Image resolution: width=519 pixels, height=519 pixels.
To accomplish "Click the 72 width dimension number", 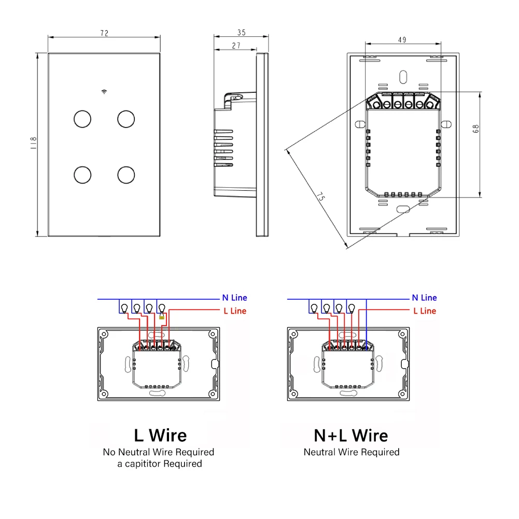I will [x=104, y=33].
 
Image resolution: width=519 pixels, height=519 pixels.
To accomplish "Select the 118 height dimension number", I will [x=33, y=143].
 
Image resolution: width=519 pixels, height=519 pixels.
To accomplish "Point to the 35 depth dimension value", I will [x=242, y=33].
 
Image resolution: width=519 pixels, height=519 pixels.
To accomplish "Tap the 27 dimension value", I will [x=236, y=46].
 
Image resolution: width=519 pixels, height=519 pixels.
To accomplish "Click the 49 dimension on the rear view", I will [x=402, y=39].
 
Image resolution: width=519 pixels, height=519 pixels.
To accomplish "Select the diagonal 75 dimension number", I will [x=320, y=197].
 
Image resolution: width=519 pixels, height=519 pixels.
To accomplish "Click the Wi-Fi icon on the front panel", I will [x=104, y=92].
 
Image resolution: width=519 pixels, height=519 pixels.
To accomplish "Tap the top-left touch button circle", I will [x=82, y=119].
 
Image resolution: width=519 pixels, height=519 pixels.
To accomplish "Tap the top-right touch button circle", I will [x=125, y=119].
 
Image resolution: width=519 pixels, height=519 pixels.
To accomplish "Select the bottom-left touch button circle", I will [x=82, y=175].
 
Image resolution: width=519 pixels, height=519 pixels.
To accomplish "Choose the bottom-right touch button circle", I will [x=125, y=175].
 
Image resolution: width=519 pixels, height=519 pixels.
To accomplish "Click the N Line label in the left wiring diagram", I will [x=234, y=298].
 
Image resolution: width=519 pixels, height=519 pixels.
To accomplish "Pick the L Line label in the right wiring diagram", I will [x=424, y=311].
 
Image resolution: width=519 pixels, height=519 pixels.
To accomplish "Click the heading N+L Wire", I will [x=351, y=434].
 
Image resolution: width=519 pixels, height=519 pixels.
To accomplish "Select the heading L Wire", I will [x=160, y=434].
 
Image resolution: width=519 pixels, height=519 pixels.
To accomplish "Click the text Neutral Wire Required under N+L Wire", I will [x=351, y=452].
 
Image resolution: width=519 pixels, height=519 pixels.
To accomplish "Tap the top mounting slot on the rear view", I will [x=402, y=76].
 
